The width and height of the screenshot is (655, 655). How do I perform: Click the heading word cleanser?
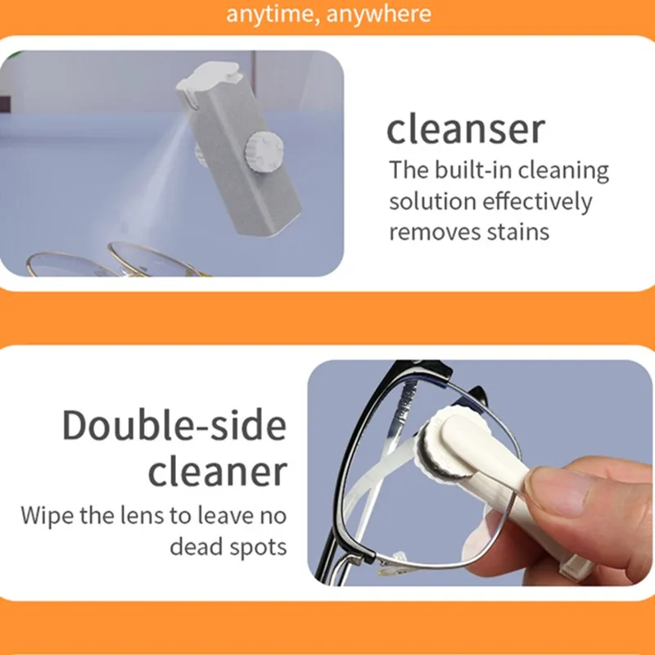[465, 129]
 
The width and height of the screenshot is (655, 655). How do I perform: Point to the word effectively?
[539, 201]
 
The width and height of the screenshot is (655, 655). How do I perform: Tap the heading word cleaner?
[219, 472]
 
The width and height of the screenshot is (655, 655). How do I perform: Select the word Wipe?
[48, 516]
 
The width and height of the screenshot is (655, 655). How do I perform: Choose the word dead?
[195, 546]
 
